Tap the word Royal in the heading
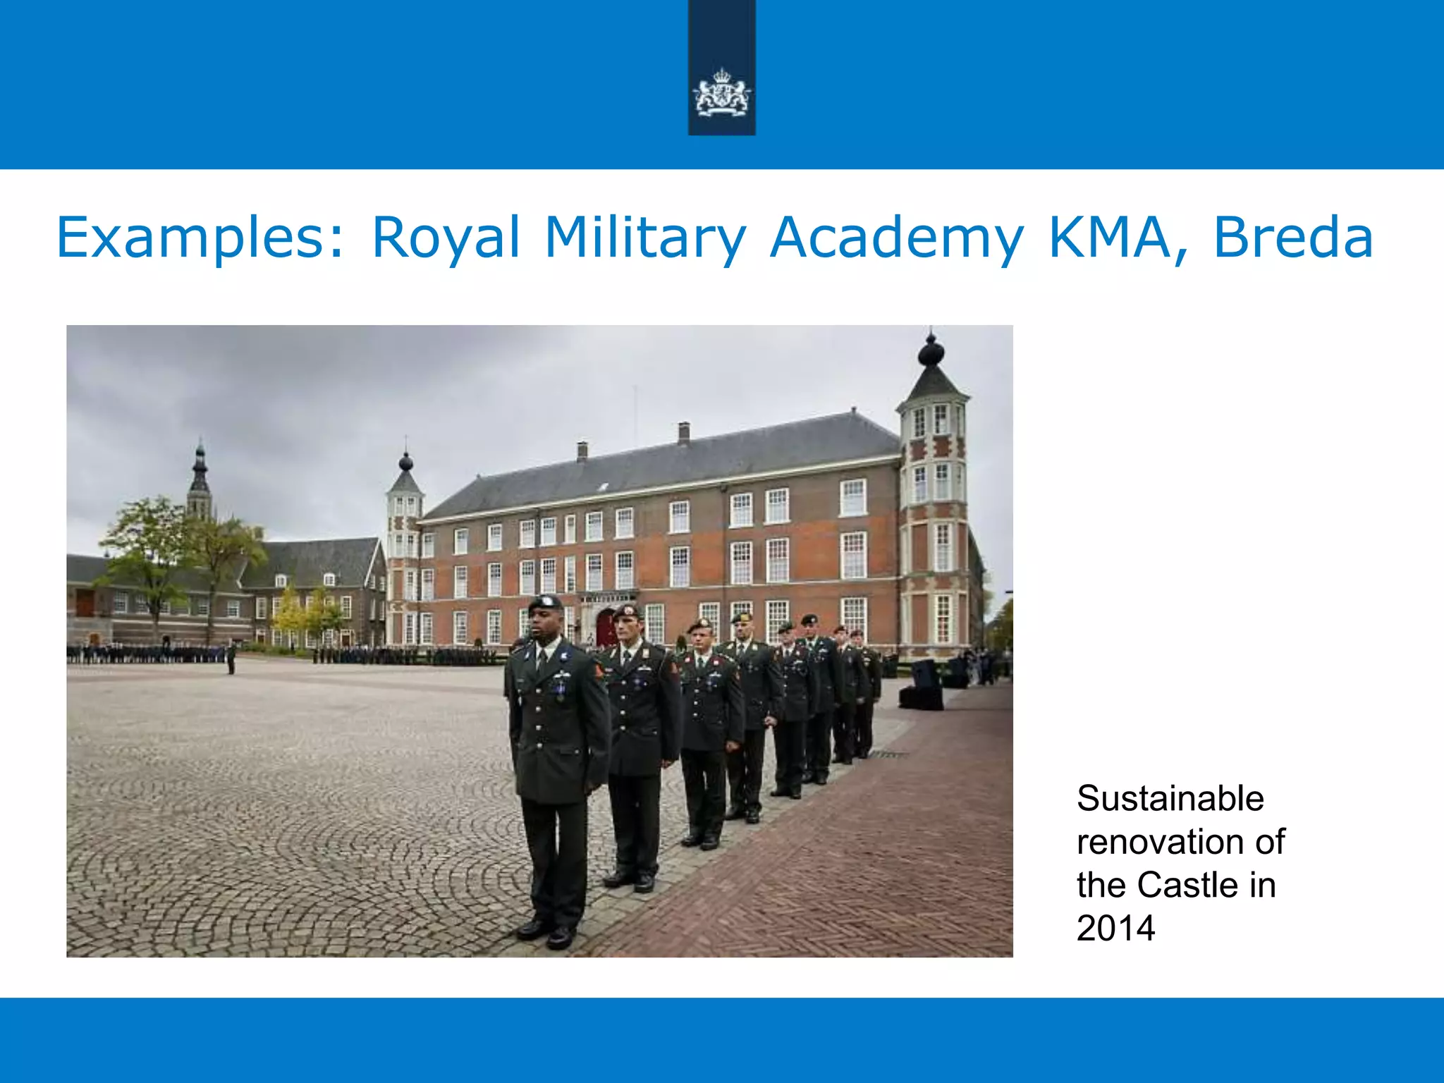(446, 238)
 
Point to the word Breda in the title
(1293, 238)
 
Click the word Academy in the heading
(895, 238)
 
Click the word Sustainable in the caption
(1170, 799)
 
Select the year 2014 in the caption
(1115, 928)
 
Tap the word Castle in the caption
(1187, 885)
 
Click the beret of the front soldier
(545, 603)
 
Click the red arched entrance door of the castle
(606, 628)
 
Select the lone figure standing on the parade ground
(231, 657)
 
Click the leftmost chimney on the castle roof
(582, 451)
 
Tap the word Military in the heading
(644, 238)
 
